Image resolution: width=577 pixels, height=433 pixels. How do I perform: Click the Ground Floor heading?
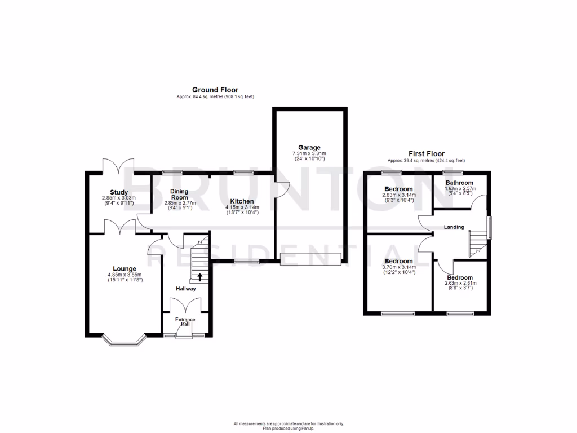click(215, 90)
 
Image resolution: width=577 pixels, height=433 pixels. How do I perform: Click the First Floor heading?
click(427, 153)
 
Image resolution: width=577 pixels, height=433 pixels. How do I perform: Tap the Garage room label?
click(309, 147)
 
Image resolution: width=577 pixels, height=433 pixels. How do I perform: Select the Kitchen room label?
click(241, 201)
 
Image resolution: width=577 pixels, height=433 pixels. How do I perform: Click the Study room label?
click(119, 192)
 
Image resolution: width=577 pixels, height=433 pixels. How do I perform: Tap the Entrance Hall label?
click(185, 322)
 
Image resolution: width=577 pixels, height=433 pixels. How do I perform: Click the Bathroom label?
click(459, 183)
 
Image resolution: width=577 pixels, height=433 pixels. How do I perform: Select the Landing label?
click(454, 227)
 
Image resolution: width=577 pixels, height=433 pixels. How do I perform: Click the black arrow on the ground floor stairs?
click(199, 276)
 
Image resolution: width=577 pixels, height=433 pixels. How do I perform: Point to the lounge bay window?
click(125, 341)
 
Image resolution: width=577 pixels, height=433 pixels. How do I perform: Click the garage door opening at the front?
click(311, 259)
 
